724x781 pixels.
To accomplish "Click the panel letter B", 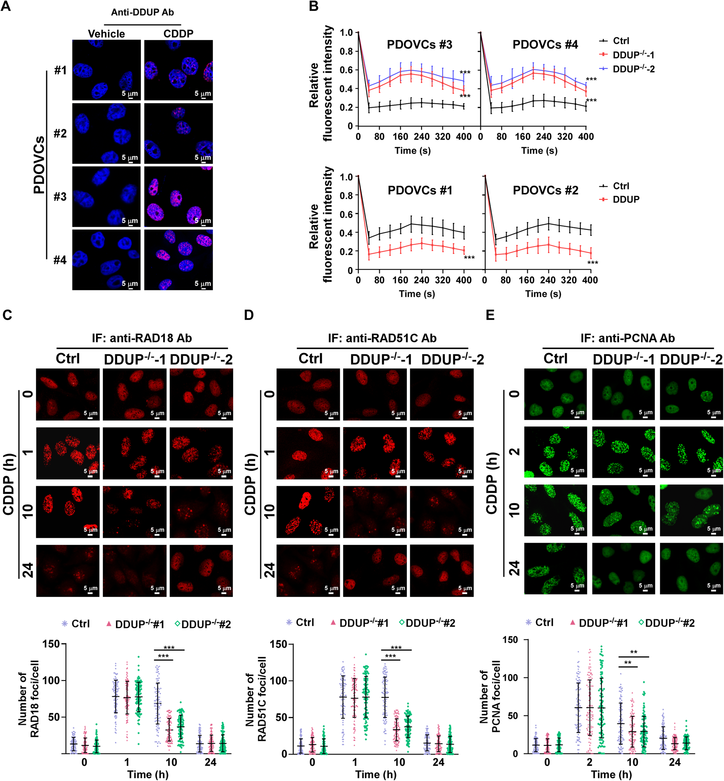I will click(313, 7).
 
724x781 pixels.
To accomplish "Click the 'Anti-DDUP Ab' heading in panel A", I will click(142, 12).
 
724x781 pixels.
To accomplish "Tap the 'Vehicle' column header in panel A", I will click(106, 34).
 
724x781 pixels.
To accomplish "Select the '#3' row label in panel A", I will click(60, 197).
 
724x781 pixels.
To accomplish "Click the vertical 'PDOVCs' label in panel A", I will click(39, 165).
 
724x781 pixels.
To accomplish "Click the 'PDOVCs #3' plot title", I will click(419, 45).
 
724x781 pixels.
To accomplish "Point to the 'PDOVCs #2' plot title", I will click(545, 190).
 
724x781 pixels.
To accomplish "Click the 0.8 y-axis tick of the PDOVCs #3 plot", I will click(346, 51).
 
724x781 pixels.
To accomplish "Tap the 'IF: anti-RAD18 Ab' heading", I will click(142, 338).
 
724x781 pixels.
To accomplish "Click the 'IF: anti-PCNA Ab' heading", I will click(628, 338).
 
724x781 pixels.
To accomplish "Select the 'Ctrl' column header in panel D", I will click(310, 359).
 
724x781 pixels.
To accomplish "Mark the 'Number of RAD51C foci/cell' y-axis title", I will click(256, 698).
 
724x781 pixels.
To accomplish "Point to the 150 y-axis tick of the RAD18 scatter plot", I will click(51, 644).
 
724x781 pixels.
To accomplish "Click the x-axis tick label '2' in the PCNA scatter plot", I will click(589, 762).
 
